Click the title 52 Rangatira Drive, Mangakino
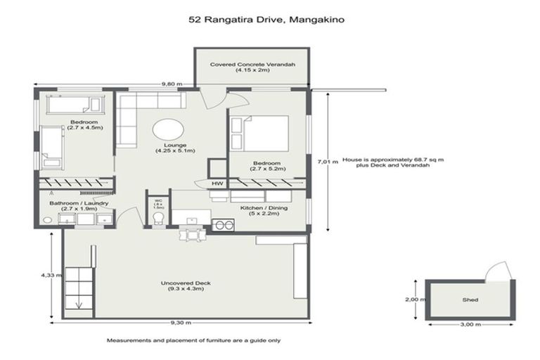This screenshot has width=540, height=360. coord(266,20)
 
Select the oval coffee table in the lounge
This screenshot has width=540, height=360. coord(169,129)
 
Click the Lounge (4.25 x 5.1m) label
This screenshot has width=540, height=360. coord(175,148)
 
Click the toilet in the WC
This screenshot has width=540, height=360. coord(158,219)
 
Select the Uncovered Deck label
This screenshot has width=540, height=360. coord(186,286)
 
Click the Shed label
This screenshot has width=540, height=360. coord(470,300)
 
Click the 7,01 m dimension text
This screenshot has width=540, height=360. coord(323,161)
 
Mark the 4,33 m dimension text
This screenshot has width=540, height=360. coord(47,276)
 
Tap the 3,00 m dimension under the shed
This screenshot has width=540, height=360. coord(470,324)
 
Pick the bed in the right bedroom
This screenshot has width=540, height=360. coord(261,133)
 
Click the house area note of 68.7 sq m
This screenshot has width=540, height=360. coord(393,162)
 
